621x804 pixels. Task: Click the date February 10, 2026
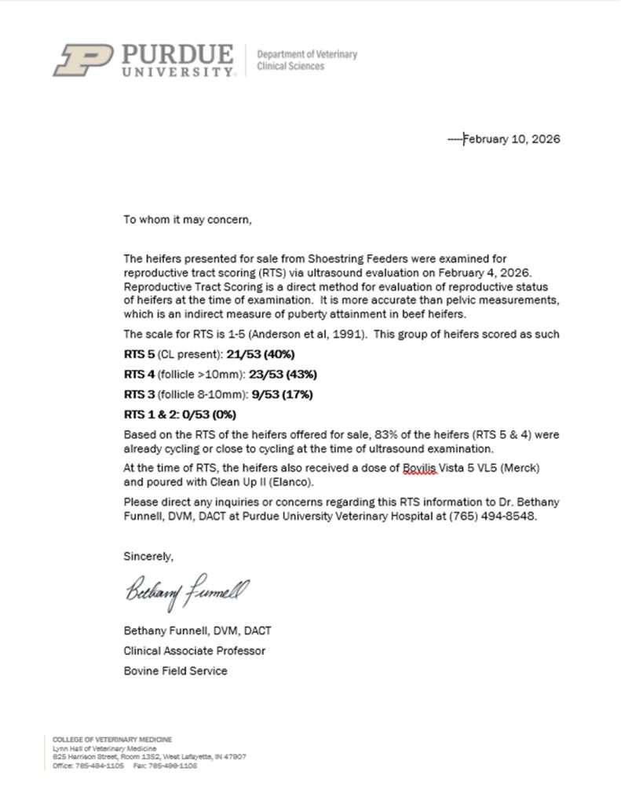[x=511, y=140]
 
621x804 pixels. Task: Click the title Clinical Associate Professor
[x=194, y=651]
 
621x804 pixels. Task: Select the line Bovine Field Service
[x=175, y=671]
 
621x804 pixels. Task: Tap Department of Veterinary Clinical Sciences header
[x=307, y=60]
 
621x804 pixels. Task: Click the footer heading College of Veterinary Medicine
[x=112, y=740]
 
